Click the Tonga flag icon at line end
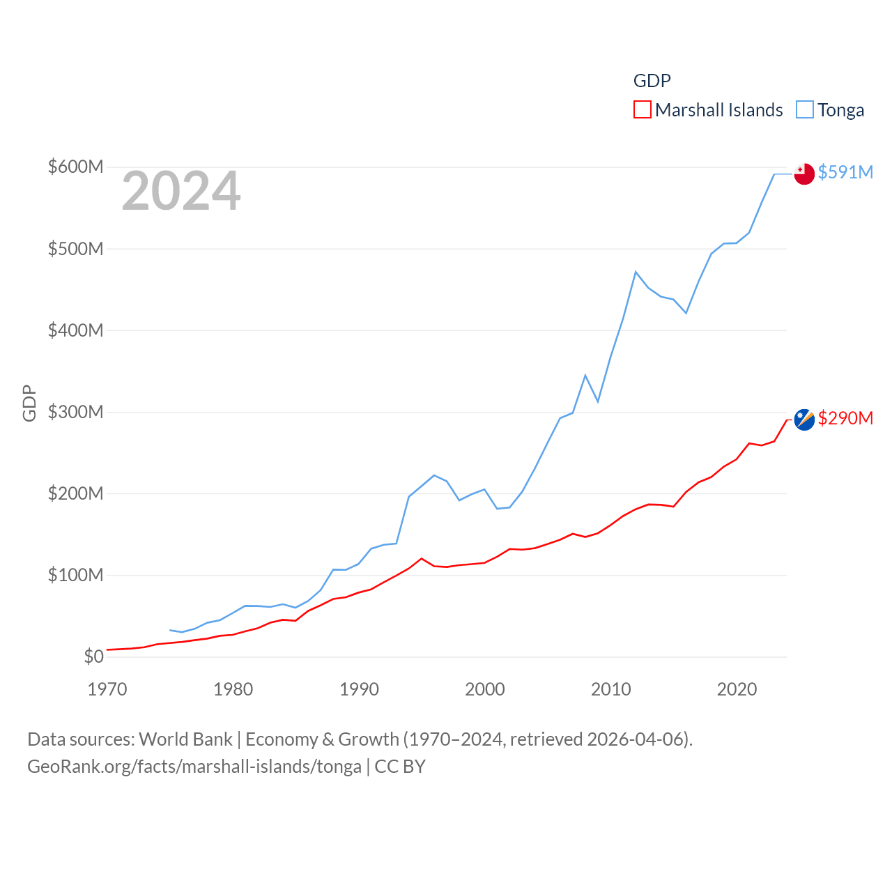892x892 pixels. click(x=804, y=174)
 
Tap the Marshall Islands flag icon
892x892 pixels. click(x=804, y=420)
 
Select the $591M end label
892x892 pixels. click(x=845, y=172)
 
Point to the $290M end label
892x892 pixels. click(x=845, y=418)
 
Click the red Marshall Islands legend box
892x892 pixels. click(x=642, y=110)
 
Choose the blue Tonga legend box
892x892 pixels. click(x=805, y=110)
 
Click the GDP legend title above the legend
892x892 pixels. click(x=652, y=81)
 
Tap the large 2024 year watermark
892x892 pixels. click(x=181, y=191)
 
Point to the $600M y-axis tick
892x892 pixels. click(x=75, y=167)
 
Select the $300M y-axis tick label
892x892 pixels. click(x=75, y=412)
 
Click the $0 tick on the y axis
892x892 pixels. click(x=93, y=656)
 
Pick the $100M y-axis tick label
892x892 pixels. click(x=75, y=575)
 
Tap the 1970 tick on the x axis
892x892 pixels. click(x=107, y=690)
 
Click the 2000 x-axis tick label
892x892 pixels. click(x=485, y=690)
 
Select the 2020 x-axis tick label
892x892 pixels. click(x=737, y=690)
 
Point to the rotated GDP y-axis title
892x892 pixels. click(x=29, y=403)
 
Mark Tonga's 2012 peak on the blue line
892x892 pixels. click(x=636, y=272)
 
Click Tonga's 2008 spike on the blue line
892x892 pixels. click(x=585, y=376)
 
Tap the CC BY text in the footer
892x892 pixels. click(x=400, y=767)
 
